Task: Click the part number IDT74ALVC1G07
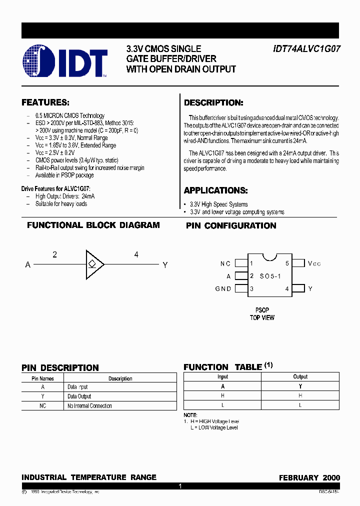[x=306, y=49]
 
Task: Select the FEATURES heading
[x=45, y=102]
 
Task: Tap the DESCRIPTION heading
[x=213, y=103]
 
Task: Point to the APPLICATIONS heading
[x=215, y=190]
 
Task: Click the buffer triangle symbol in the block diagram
[x=94, y=264]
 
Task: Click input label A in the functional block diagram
[x=28, y=264]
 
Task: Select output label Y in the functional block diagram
[x=165, y=264]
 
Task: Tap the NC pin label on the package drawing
[x=225, y=263]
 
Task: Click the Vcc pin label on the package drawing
[x=314, y=263]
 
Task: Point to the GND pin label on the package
[x=223, y=288]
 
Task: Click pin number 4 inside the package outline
[x=287, y=288]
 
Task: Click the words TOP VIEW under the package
[x=262, y=317]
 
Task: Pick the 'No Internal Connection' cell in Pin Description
[x=89, y=406]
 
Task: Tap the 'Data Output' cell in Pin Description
[x=79, y=396]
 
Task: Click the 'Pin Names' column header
[x=42, y=378]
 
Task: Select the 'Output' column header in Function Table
[x=300, y=376]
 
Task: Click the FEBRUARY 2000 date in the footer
[x=309, y=477]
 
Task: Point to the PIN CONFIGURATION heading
[x=231, y=226]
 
